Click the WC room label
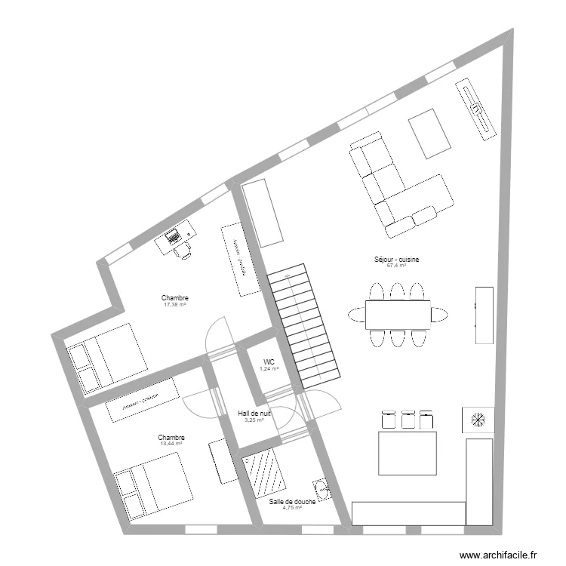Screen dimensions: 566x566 [x=269, y=361]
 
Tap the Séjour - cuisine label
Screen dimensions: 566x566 [x=396, y=260]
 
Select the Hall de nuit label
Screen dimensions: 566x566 [x=254, y=414]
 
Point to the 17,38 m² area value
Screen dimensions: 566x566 [x=174, y=305]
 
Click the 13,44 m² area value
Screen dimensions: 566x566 [x=171, y=444]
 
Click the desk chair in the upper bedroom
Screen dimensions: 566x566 [x=182, y=250]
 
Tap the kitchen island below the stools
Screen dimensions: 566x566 [x=408, y=451]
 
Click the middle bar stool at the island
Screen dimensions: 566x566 [x=408, y=419]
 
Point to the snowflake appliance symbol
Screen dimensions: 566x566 [x=478, y=419]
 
